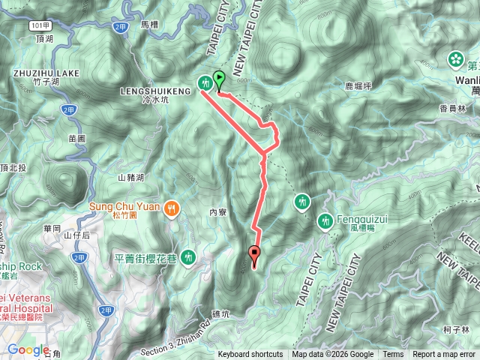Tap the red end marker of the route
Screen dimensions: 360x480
(253, 255)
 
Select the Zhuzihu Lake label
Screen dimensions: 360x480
(35, 73)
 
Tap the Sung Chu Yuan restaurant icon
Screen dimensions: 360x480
(172, 208)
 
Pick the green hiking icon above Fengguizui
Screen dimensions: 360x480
(301, 202)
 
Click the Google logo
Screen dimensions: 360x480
(28, 349)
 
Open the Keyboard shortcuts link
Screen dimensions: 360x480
(250, 355)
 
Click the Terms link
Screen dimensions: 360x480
(392, 355)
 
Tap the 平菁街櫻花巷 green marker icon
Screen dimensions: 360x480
(187, 257)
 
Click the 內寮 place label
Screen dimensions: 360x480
(218, 213)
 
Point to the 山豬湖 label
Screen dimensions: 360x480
(130, 178)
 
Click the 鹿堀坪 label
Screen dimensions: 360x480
(358, 87)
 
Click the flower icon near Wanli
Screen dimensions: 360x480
(455, 58)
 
